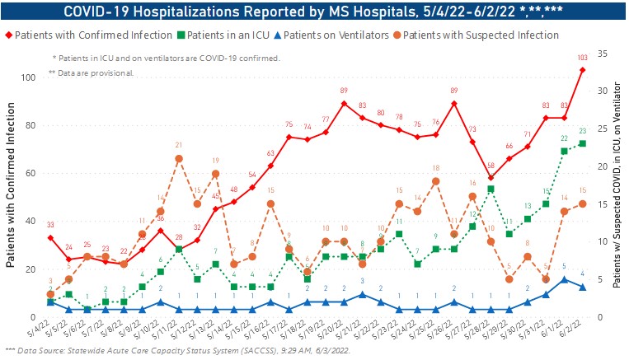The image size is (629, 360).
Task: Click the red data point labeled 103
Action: click(x=583, y=70)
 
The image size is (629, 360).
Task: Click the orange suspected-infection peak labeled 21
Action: click(x=178, y=158)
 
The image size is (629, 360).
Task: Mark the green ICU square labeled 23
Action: click(x=583, y=143)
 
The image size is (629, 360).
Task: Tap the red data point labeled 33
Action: click(x=50, y=238)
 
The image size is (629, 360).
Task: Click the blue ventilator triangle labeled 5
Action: click(x=564, y=279)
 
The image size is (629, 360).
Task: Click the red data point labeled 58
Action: click(x=491, y=178)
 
